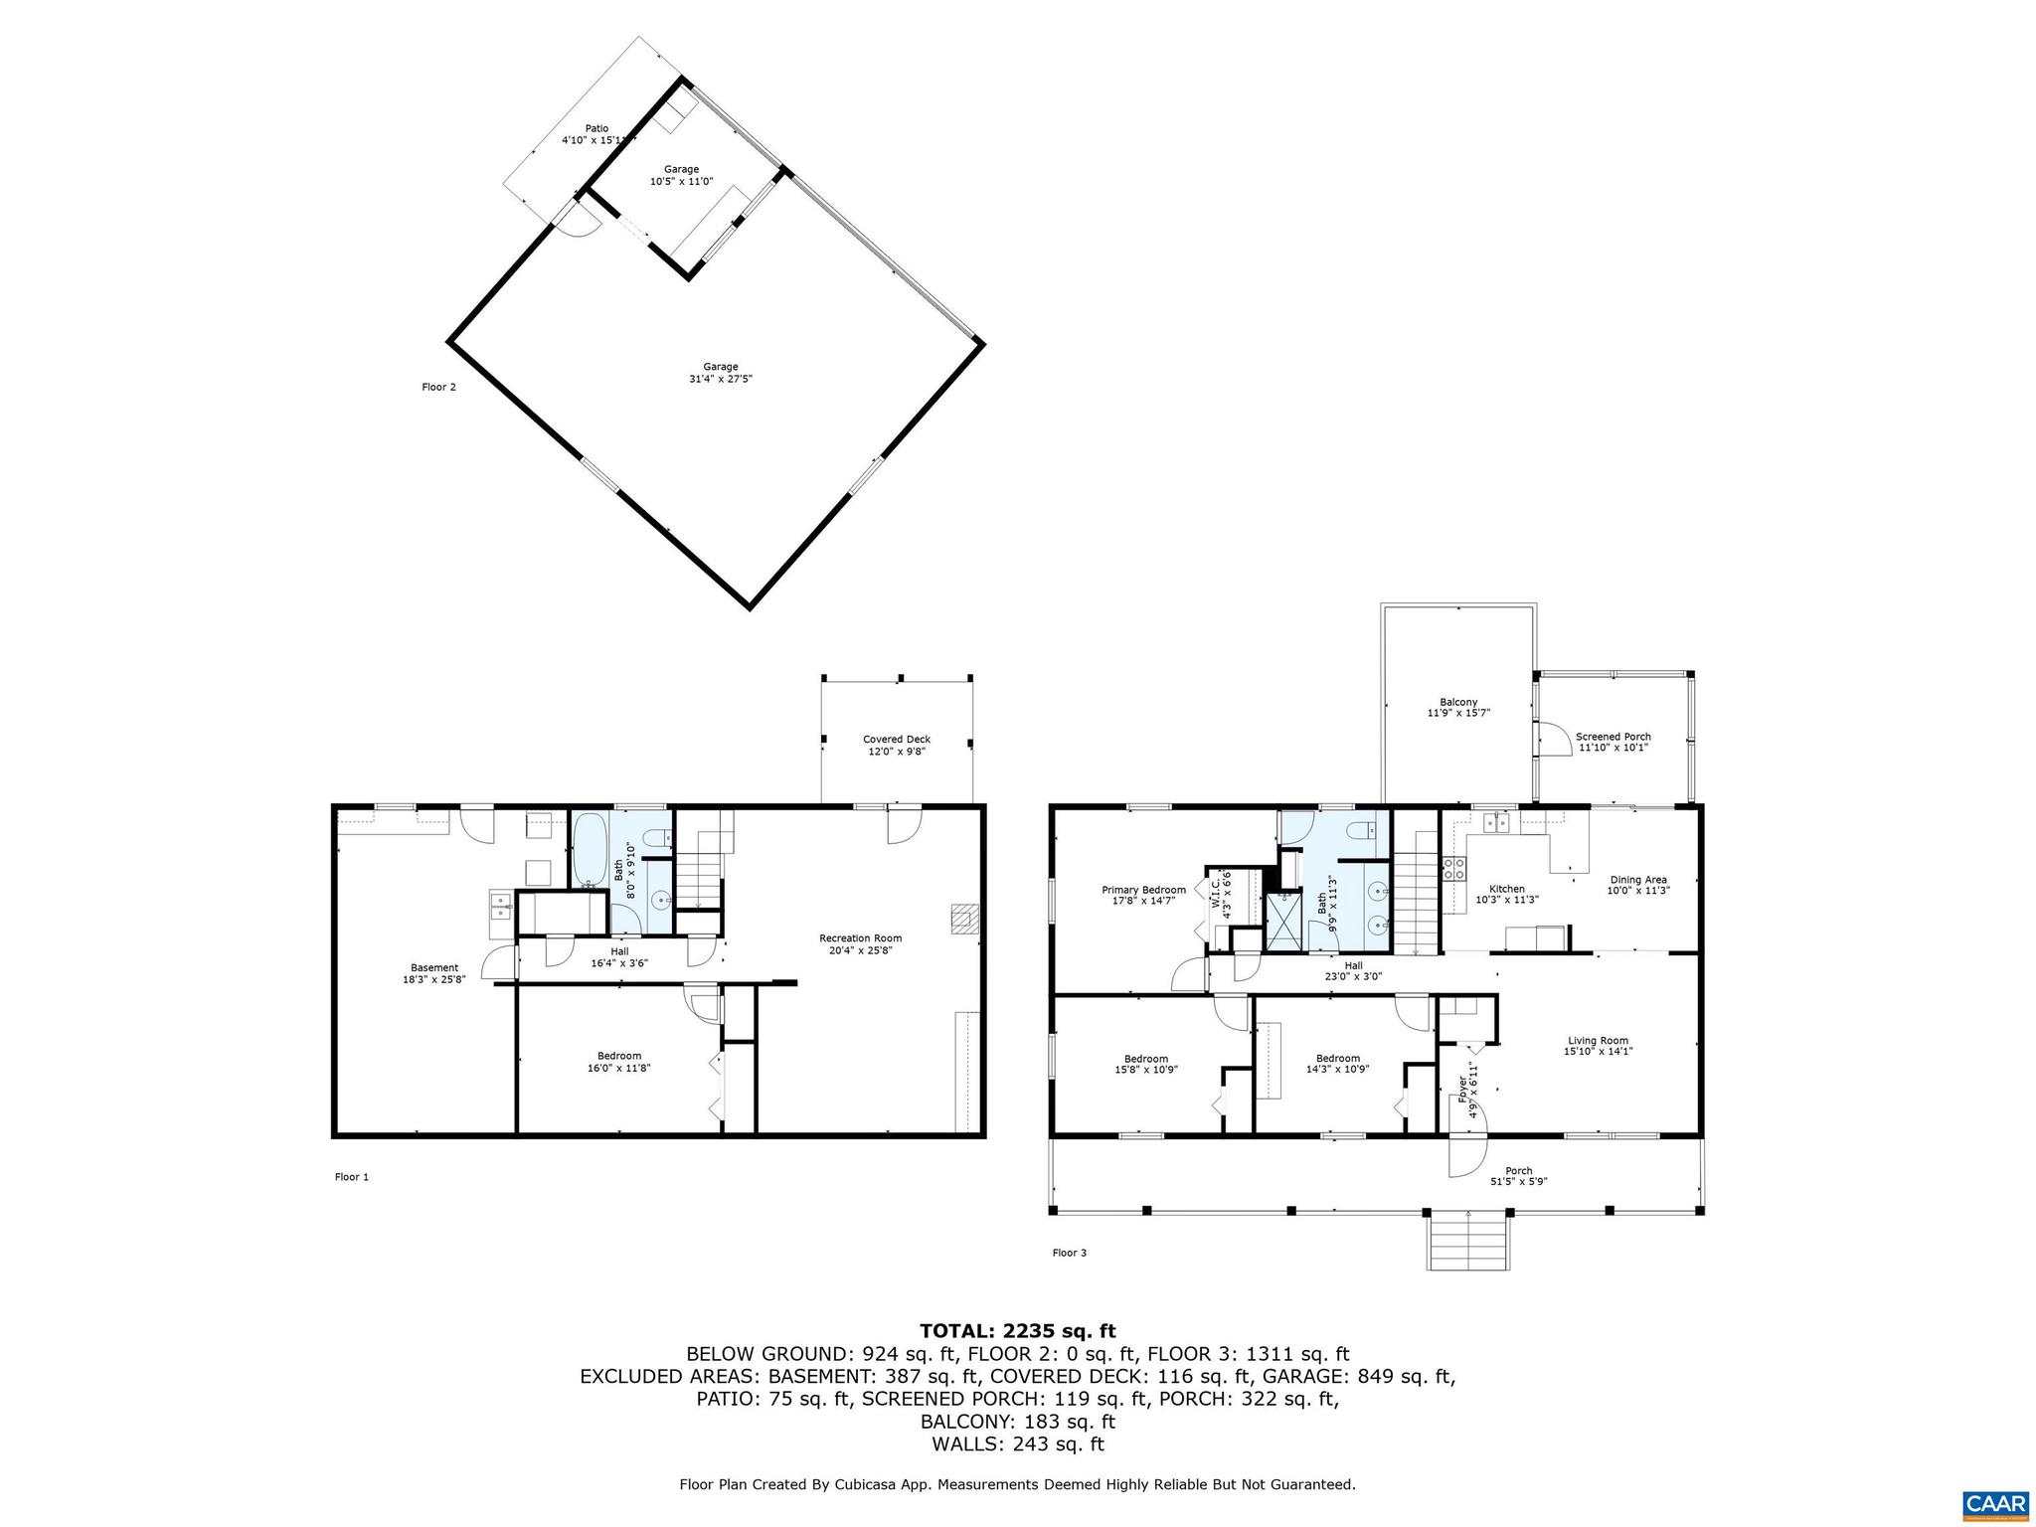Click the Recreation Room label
coord(860,937)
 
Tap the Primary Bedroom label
coord(1143,890)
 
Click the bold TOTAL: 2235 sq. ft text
coord(1017,1330)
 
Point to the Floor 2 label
coord(438,387)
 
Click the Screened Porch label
coord(1612,737)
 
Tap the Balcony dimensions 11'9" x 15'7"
coord(1458,712)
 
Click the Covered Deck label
coord(896,739)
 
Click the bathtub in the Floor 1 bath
coord(588,851)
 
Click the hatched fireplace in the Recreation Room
coord(964,920)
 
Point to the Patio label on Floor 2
coord(596,128)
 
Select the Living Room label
coord(1598,1041)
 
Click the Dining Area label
coord(1638,879)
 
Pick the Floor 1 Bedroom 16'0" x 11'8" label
coord(618,1056)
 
